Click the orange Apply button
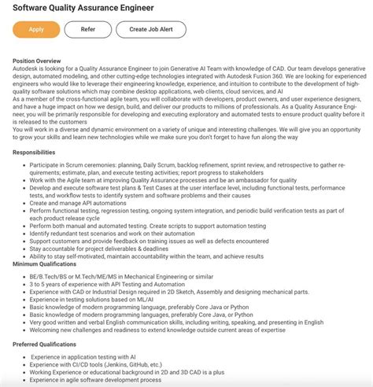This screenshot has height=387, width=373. pos(36,30)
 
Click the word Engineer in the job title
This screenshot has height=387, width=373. pos(158,8)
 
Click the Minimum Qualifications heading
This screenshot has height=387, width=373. pos(49,264)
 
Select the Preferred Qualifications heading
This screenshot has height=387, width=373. pos(50,345)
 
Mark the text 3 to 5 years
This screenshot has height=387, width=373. pos(48,283)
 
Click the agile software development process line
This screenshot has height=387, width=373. pos(96,380)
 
